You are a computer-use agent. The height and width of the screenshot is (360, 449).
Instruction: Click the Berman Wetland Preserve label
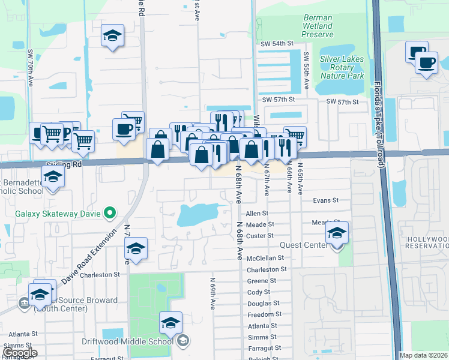pyautogui.click(x=317, y=26)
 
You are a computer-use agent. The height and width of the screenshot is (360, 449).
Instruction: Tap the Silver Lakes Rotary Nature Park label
pyautogui.click(x=342, y=67)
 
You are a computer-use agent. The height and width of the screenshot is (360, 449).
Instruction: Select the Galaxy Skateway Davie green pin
pyautogui.click(x=109, y=212)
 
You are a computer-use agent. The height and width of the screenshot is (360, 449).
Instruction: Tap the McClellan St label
pyautogui.click(x=265, y=258)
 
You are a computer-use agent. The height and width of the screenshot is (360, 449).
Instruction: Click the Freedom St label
pyautogui.click(x=265, y=314)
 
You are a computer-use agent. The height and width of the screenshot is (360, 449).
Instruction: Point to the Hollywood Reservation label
pyautogui.click(x=427, y=244)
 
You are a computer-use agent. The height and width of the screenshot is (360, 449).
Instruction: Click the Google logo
pyautogui.click(x=19, y=352)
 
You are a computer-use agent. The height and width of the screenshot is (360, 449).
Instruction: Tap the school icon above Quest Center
pyautogui.click(x=337, y=232)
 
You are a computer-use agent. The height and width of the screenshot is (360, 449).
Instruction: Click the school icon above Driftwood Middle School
pyautogui.click(x=171, y=323)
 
